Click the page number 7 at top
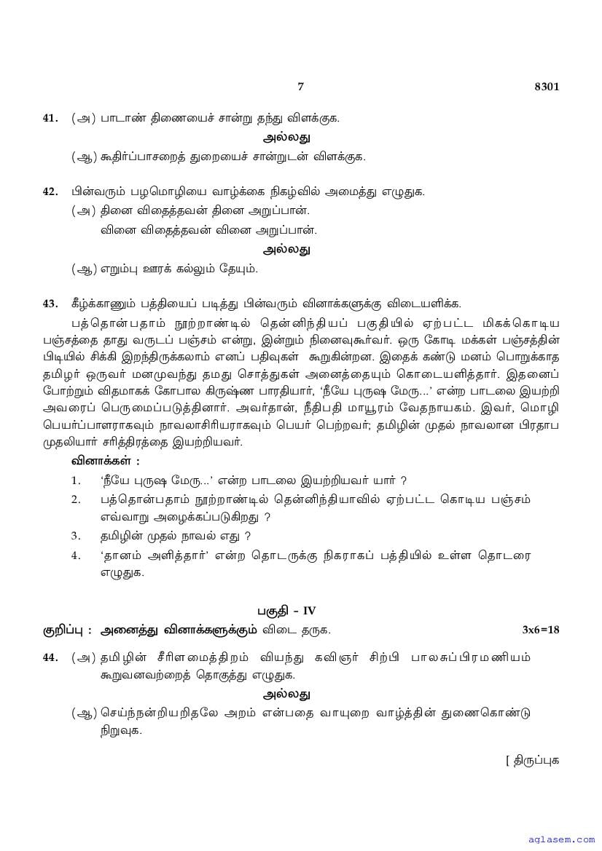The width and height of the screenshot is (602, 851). (x=300, y=87)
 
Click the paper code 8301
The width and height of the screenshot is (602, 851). (x=547, y=87)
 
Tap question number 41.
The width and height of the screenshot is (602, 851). (x=50, y=117)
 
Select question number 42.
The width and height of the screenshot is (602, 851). (x=50, y=191)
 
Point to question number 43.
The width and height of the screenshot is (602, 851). (x=50, y=304)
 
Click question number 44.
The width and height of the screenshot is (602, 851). (x=50, y=657)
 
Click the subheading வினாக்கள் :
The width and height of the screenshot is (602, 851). (x=105, y=461)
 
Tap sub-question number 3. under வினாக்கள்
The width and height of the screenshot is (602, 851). (x=76, y=537)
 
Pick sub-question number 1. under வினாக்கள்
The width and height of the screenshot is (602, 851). (x=76, y=480)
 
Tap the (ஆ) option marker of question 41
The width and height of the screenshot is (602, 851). (x=84, y=157)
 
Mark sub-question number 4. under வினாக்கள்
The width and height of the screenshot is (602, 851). (x=76, y=555)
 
